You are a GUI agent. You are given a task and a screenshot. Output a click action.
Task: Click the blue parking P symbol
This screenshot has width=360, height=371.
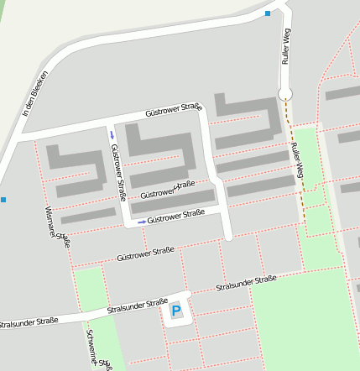coord(176,311)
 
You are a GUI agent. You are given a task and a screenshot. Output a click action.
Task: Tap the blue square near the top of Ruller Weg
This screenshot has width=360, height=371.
coord(268,13)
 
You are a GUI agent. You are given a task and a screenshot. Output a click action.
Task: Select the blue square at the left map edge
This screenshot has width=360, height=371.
coord(3,200)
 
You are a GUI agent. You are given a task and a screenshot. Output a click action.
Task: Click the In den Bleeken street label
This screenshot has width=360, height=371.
coord(34,93)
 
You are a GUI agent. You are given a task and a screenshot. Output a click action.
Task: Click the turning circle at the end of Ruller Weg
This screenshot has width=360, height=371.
coord(284,94)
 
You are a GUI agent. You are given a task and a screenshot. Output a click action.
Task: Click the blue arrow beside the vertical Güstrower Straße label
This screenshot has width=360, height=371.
coord(112,134)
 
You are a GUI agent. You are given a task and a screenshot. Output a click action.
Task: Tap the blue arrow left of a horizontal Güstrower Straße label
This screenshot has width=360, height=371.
coord(141,221)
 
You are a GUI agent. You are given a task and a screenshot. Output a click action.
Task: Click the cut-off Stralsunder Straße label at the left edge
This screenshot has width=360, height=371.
coord(29,321)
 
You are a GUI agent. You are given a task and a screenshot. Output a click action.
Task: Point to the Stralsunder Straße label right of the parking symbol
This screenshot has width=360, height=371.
coord(246,284)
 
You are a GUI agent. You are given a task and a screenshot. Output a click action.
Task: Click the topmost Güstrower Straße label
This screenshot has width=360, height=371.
coord(174,109)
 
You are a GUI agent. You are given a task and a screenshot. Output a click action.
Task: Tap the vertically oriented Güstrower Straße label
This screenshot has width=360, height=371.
coord(118,166)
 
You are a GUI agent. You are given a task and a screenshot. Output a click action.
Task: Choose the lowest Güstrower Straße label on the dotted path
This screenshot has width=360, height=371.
coord(145,253)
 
